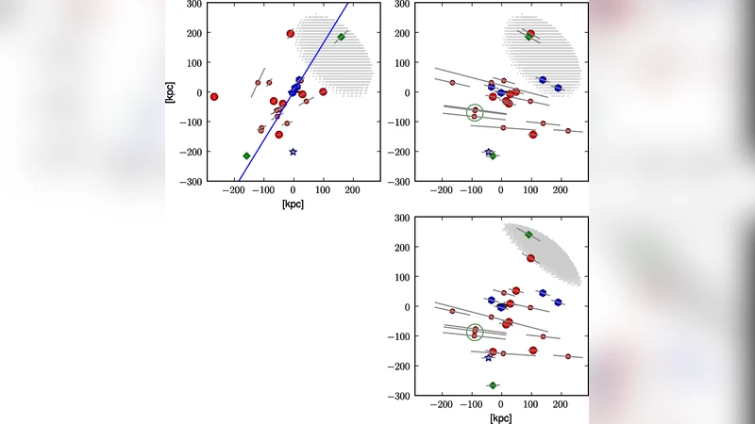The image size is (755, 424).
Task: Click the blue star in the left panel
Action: (x=293, y=152)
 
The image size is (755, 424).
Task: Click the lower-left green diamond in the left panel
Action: (x=246, y=155)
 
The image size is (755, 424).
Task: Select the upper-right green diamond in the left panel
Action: (x=342, y=38)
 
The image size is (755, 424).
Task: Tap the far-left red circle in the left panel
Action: (x=214, y=96)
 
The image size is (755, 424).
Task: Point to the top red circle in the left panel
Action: (x=291, y=34)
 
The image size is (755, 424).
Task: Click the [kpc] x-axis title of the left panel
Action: (x=293, y=204)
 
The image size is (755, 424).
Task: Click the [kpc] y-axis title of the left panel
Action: (x=171, y=92)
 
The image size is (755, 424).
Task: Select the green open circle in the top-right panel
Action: (x=475, y=113)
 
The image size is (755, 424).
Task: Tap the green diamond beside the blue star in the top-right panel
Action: (x=494, y=155)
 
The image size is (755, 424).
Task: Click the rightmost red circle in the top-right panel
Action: (x=568, y=130)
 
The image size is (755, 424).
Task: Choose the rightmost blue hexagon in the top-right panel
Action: (x=558, y=88)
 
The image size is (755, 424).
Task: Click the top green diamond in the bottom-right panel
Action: (x=528, y=235)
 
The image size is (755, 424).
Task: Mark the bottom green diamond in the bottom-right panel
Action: (x=493, y=385)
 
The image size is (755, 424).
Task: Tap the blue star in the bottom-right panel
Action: (x=488, y=357)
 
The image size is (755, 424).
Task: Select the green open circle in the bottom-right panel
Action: (x=475, y=332)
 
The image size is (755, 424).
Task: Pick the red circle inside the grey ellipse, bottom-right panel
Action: (x=530, y=258)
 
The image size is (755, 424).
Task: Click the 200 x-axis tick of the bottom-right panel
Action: (x=560, y=404)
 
